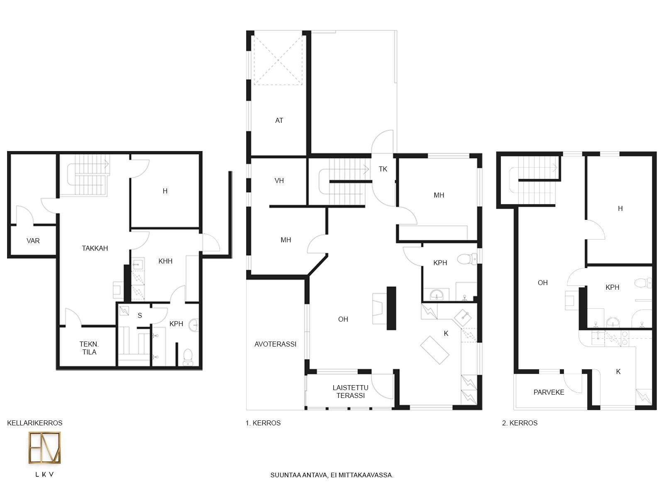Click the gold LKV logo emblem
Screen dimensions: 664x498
(44, 447)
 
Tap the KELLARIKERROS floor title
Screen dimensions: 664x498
(35, 423)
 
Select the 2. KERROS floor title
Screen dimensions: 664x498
(520, 423)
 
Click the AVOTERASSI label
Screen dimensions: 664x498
(275, 344)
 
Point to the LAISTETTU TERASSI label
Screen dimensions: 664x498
(351, 392)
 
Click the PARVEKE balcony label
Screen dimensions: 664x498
(549, 393)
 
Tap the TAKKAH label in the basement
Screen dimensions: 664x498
(95, 248)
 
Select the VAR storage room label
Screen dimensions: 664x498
(33, 241)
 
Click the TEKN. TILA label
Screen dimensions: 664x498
(89, 348)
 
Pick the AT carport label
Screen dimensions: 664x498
(279, 121)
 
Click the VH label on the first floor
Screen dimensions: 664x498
(279, 181)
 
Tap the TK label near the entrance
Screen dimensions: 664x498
(383, 169)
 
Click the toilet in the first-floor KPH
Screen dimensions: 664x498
(467, 259)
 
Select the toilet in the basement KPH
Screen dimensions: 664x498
(188, 357)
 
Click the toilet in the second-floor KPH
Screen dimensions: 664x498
(642, 283)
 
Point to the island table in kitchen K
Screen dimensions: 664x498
(435, 350)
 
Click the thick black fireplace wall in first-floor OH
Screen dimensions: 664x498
(391, 308)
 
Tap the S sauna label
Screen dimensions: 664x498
(140, 316)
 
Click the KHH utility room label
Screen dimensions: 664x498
(166, 261)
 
